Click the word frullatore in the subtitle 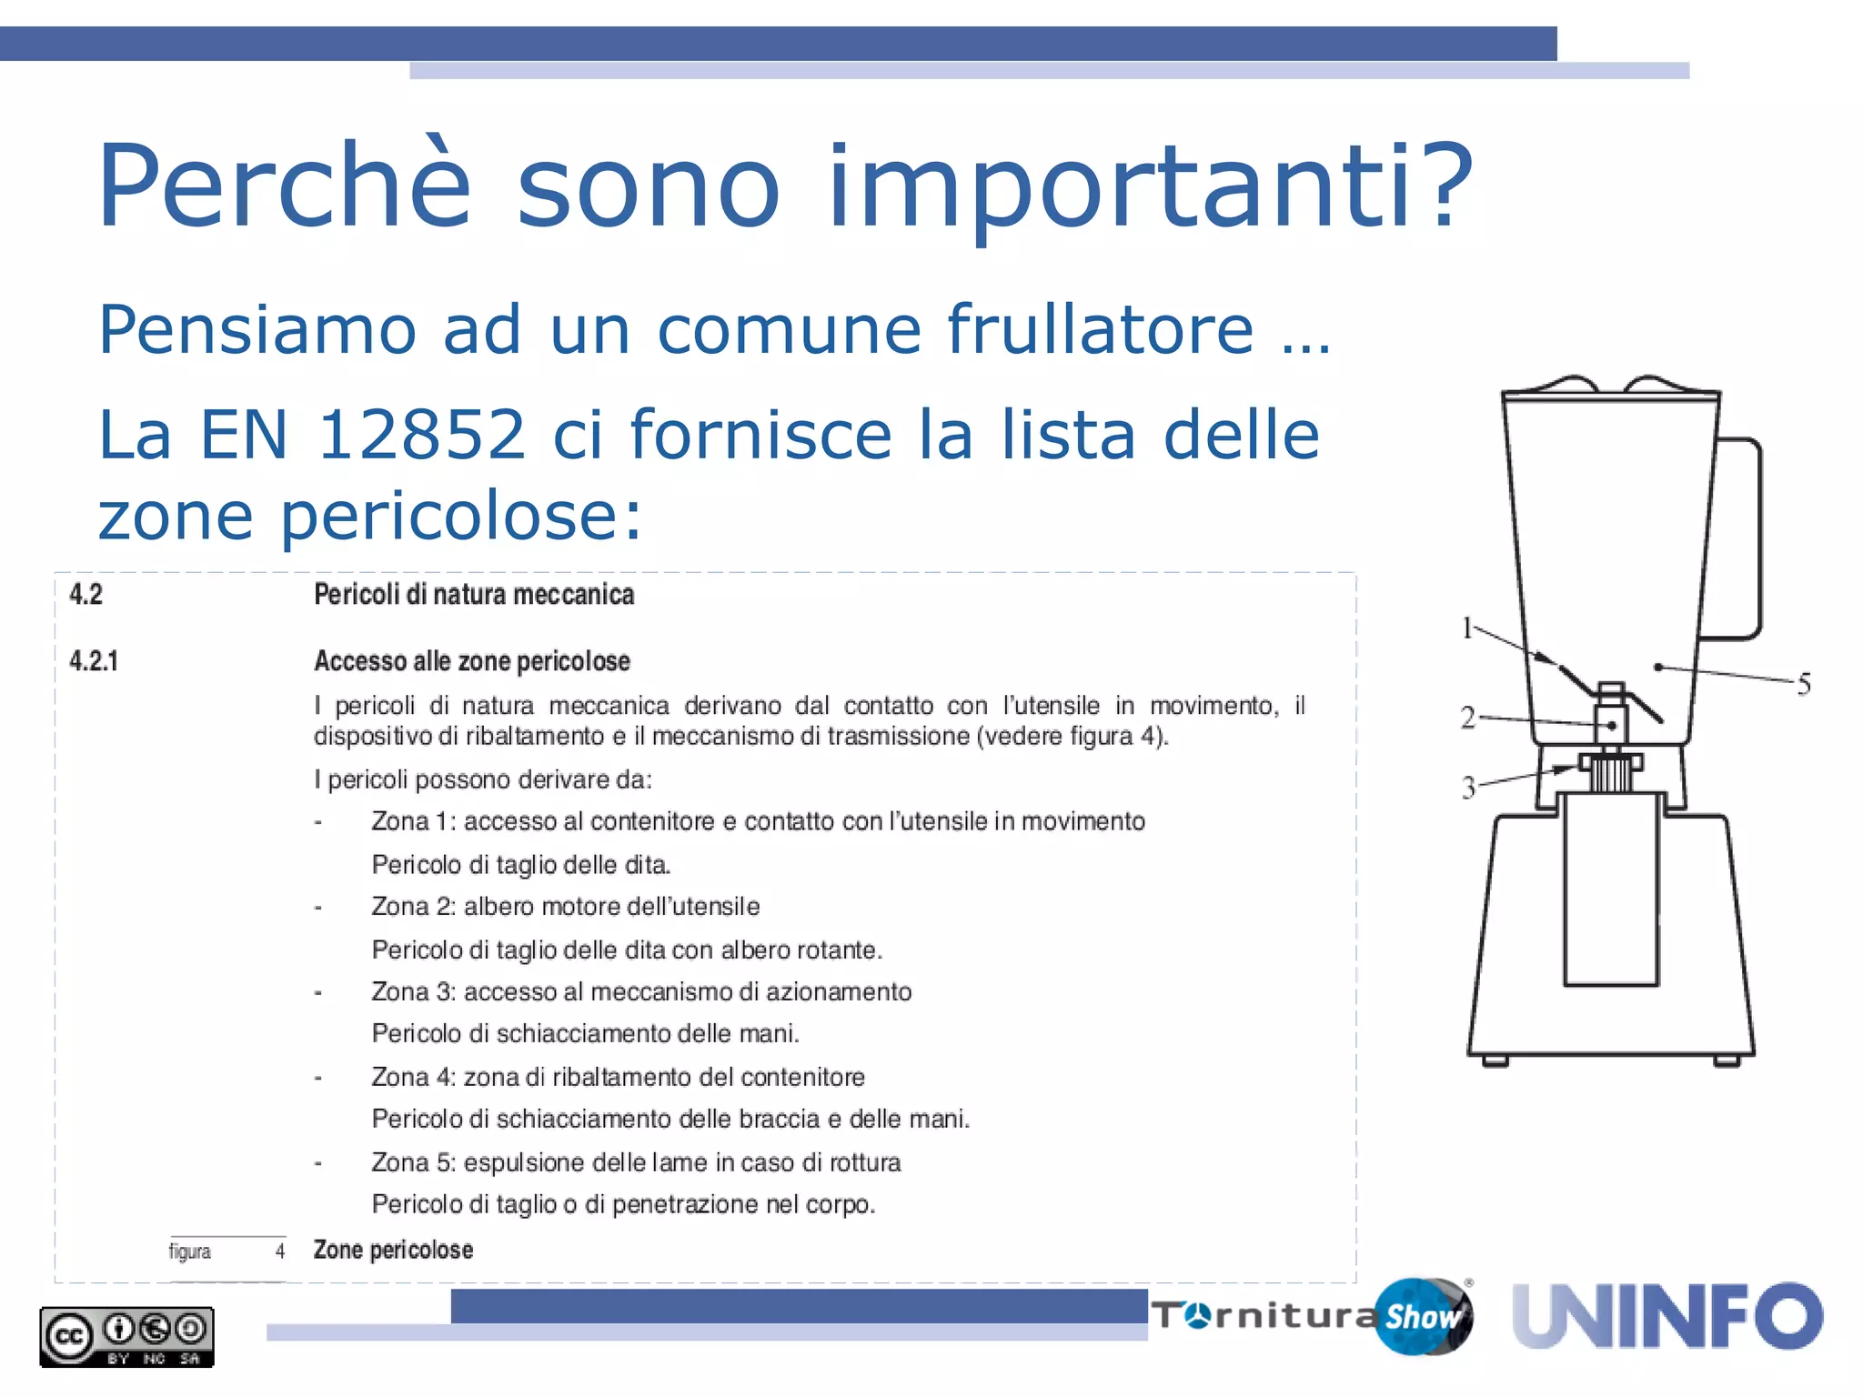click(1100, 328)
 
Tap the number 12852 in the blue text click(421, 434)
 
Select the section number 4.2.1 click(94, 661)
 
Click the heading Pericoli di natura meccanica click(474, 595)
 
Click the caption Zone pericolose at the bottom click(393, 1250)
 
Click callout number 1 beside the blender click(1467, 628)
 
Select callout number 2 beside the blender click(1467, 718)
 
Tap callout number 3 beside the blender click(1468, 787)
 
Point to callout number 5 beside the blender click(1804, 684)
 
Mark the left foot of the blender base click(1494, 1060)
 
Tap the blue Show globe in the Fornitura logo click(1422, 1316)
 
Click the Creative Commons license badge click(126, 1336)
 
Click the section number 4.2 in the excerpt click(86, 595)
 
